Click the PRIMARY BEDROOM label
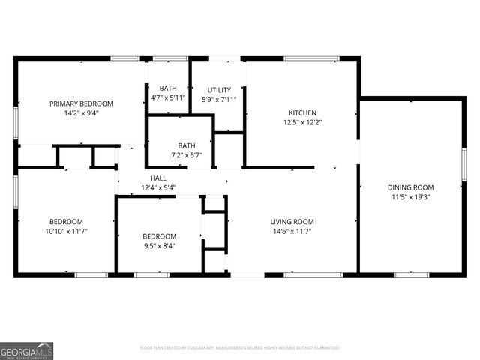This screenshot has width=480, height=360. pyautogui.click(x=81, y=103)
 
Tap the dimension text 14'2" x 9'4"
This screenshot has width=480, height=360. pyautogui.click(x=81, y=113)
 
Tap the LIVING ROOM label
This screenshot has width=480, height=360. pyautogui.click(x=292, y=222)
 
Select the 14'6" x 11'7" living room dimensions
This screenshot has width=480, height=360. pyautogui.click(x=292, y=232)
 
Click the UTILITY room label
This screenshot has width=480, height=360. pyautogui.click(x=219, y=90)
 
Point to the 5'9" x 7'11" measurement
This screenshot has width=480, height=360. pyautogui.click(x=219, y=99)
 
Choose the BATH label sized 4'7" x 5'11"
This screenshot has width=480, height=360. pyautogui.click(x=167, y=88)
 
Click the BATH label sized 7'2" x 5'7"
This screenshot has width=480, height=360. pyautogui.click(x=187, y=145)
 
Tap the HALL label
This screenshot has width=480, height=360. pyautogui.click(x=157, y=178)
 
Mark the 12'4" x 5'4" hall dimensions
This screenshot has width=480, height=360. pyautogui.click(x=157, y=187)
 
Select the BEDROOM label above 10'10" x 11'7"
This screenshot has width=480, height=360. pyautogui.click(x=66, y=222)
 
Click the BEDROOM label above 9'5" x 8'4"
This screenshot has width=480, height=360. pyautogui.click(x=159, y=235)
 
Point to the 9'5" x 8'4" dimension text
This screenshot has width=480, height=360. pyautogui.click(x=159, y=245)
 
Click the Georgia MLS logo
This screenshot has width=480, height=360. pyautogui.click(x=27, y=351)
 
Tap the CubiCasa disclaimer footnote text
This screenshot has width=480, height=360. pyautogui.click(x=240, y=348)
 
